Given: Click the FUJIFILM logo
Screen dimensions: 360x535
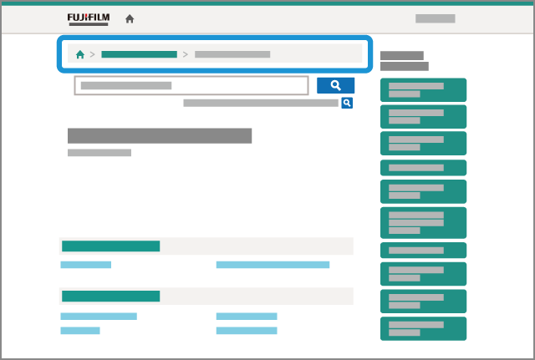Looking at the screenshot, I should (88, 18).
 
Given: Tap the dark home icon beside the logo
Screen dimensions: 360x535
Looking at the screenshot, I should (130, 18).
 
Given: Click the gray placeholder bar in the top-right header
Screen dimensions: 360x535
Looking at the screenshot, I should (435, 18).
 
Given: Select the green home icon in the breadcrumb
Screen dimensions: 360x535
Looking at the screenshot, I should (80, 54).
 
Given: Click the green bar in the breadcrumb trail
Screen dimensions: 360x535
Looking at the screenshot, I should (139, 54).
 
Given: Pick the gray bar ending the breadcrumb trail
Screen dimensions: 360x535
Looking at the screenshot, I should (232, 54).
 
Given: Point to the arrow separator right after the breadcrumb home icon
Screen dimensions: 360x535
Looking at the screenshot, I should (92, 54).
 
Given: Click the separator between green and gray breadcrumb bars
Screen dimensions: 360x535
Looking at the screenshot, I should (186, 54).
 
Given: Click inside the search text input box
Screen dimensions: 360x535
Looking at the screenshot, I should (191, 85).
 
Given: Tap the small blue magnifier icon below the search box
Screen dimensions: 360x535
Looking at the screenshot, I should (346, 103).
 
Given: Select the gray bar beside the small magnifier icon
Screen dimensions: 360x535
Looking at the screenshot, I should (260, 104).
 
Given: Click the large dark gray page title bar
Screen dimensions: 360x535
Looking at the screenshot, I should (159, 136).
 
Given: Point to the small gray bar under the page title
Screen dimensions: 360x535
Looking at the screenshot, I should (99, 153).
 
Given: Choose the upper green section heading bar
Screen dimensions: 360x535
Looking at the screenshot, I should (110, 246).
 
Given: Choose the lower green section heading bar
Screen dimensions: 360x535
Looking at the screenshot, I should (110, 296).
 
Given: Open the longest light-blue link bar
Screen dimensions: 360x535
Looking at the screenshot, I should (273, 265).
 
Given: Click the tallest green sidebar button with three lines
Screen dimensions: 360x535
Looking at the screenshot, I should (423, 222).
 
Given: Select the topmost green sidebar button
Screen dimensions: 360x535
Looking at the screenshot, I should (423, 90).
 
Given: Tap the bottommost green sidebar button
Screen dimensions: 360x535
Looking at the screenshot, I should (423, 328).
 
